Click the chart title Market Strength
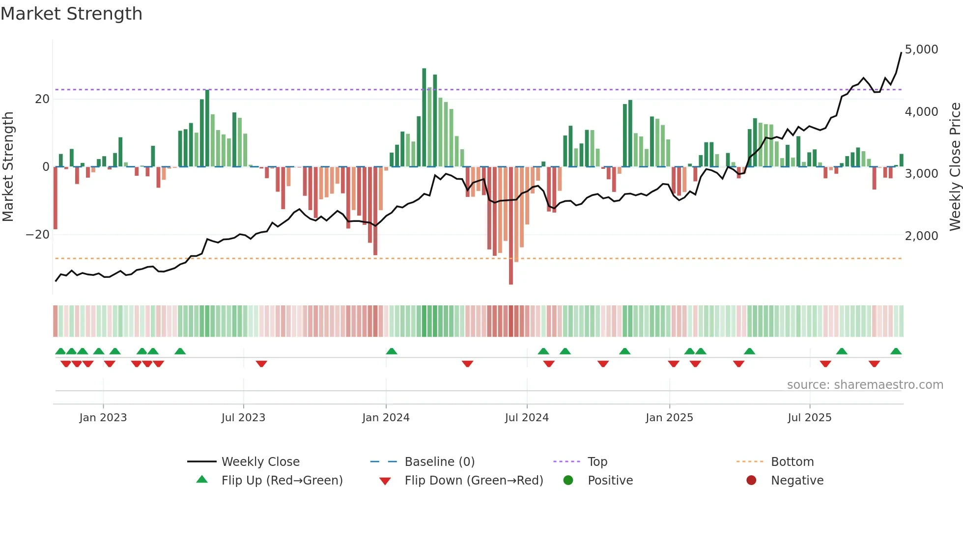(71, 14)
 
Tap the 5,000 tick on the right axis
(921, 50)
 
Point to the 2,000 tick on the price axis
(921, 236)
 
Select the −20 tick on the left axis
(38, 235)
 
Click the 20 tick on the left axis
(42, 99)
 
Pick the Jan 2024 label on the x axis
(386, 418)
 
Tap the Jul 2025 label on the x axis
(809, 418)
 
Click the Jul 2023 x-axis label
(243, 418)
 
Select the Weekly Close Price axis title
(955, 167)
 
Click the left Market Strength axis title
(8, 167)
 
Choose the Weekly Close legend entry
(260, 462)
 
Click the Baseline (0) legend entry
(439, 462)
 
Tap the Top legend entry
(597, 462)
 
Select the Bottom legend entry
(792, 462)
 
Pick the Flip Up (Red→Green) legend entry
(282, 481)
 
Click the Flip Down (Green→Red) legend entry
(474, 481)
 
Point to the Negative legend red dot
(751, 481)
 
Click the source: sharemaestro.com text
(865, 385)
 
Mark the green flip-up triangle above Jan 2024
(392, 352)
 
